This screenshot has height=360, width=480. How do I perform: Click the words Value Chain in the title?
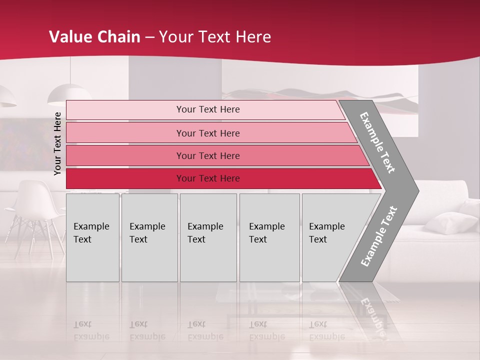click(x=94, y=37)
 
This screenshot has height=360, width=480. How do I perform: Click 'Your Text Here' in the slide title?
click(x=215, y=37)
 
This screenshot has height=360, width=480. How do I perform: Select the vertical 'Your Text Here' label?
click(x=57, y=143)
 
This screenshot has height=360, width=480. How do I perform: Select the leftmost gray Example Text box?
click(x=92, y=237)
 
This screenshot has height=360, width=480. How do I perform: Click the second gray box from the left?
click(x=149, y=237)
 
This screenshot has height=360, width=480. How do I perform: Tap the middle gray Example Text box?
click(x=208, y=237)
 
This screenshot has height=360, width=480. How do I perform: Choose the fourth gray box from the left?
click(x=269, y=237)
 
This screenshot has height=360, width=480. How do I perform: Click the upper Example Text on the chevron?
click(x=377, y=142)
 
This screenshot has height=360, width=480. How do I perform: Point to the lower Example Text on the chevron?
click(x=378, y=236)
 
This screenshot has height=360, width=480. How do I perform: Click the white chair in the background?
click(x=35, y=210)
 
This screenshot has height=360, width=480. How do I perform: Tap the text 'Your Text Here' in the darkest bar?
click(x=208, y=178)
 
